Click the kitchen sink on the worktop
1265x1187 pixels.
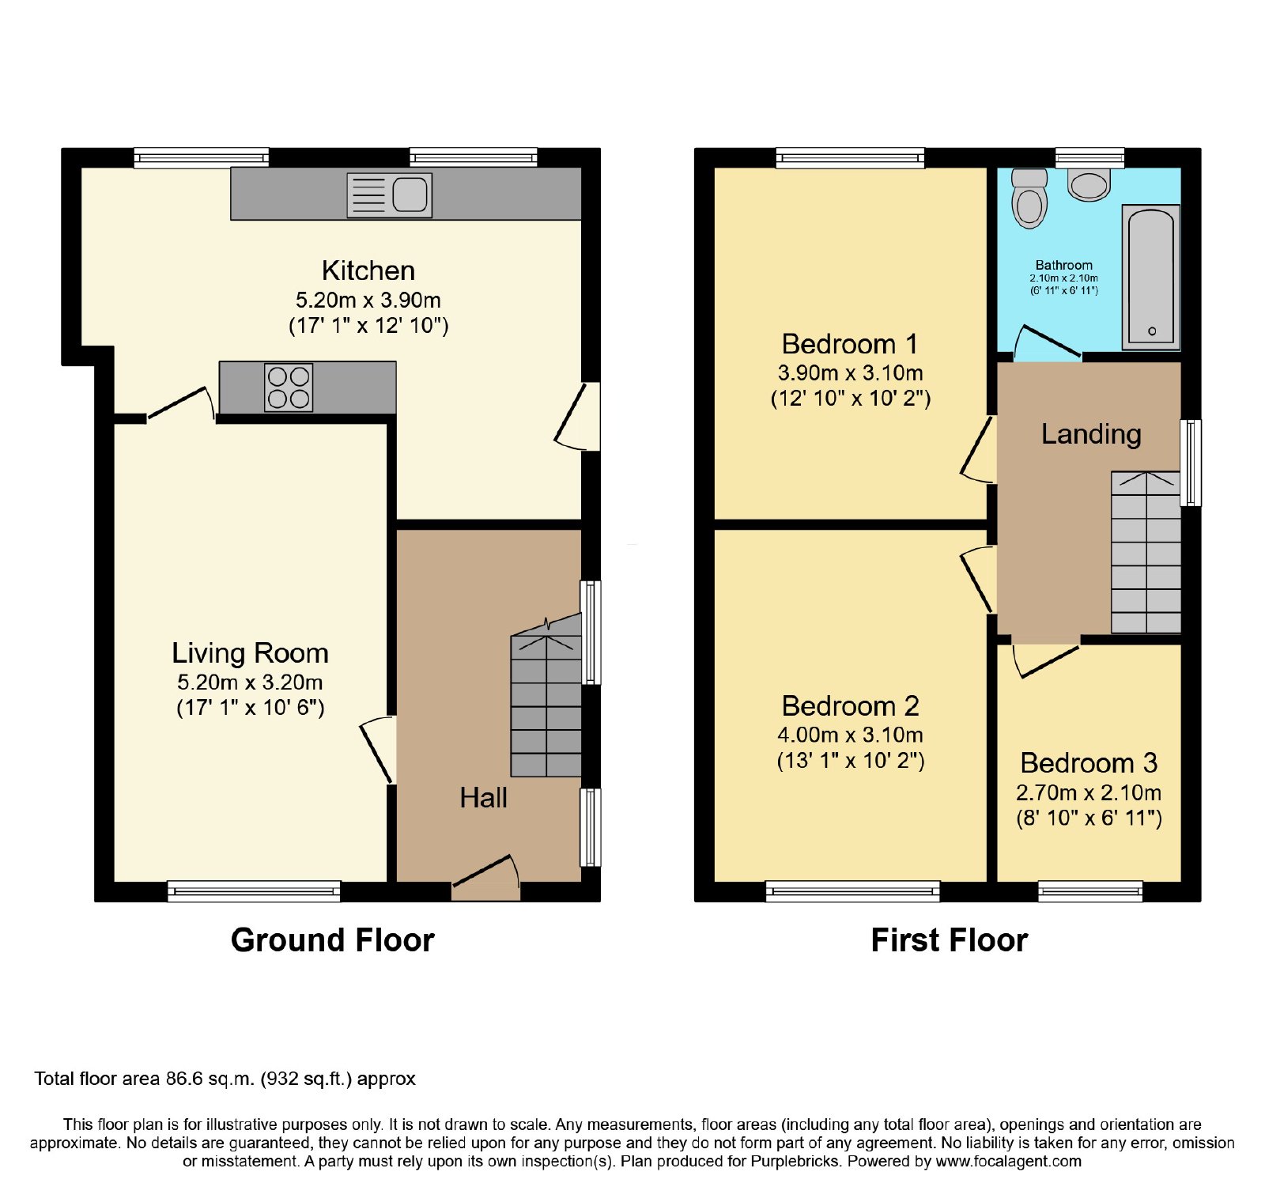(x=390, y=195)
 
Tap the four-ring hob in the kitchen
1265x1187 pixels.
(x=289, y=387)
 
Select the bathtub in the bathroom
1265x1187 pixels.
(x=1151, y=277)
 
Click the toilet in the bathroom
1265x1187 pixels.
(x=1029, y=198)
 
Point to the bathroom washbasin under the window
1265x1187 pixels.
(x=1089, y=184)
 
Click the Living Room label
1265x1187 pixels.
(x=250, y=652)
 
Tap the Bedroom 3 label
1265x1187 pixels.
(x=1089, y=762)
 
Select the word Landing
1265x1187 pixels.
(x=1091, y=434)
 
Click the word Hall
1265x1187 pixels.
(x=483, y=797)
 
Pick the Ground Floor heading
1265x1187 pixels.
(x=333, y=940)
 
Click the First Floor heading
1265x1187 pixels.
(x=949, y=940)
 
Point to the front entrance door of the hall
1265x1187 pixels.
(x=485, y=878)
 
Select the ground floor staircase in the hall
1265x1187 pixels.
(x=546, y=696)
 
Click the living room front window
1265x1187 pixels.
(x=254, y=891)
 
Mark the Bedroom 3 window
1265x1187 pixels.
(x=1090, y=891)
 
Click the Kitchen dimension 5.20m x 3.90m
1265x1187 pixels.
(x=368, y=301)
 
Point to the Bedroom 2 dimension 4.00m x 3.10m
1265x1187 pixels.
(x=850, y=735)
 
